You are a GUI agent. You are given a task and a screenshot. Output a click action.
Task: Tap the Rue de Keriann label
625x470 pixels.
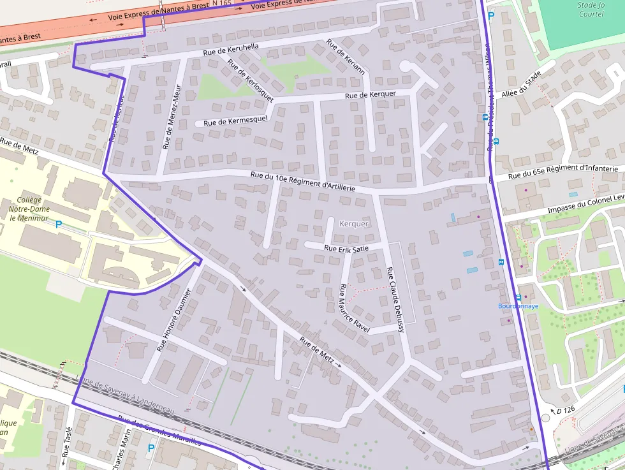click(345, 57)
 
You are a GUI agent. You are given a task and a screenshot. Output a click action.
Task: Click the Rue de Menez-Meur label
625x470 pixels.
click(171, 119)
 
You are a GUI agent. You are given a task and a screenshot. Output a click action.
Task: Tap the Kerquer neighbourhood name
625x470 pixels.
click(354, 224)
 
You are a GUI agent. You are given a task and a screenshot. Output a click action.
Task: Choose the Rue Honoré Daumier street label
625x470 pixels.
click(174, 321)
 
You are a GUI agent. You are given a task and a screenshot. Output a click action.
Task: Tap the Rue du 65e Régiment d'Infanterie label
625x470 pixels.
click(563, 172)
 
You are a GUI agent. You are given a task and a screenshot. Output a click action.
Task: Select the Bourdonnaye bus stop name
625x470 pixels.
click(518, 306)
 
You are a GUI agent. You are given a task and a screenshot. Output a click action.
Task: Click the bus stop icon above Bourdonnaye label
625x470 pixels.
click(518, 297)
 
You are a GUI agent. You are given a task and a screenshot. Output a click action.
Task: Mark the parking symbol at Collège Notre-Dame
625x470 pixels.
click(59, 224)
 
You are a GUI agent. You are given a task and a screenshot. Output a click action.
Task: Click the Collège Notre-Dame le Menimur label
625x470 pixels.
click(29, 209)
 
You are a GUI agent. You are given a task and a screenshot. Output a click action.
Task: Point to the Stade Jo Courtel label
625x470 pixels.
click(590, 9)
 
